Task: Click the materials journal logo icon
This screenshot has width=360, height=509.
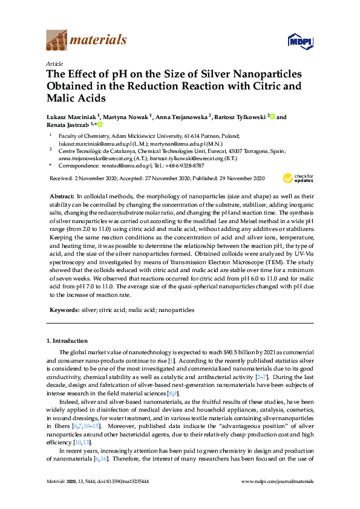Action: pos(56,41)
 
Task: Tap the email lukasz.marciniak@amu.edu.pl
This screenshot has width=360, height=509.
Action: pos(83,144)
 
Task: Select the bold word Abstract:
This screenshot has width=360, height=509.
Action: pos(61,197)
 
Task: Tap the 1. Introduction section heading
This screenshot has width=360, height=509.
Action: pos(67,341)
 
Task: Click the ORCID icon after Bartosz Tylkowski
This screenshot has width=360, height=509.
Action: pos(272,117)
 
